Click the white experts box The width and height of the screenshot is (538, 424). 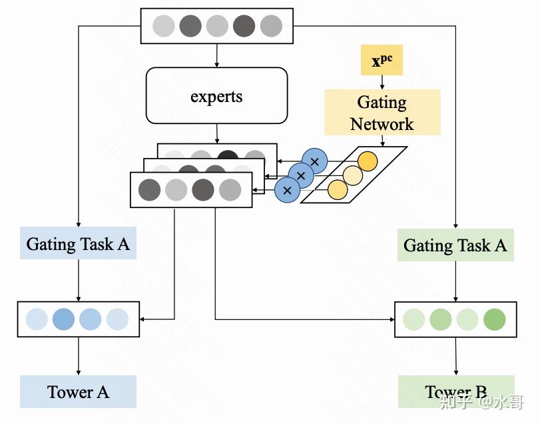tap(216, 96)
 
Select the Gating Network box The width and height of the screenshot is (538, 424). tap(382, 113)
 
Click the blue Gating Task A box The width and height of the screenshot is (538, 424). tap(78, 244)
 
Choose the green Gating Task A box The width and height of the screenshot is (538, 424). tap(455, 246)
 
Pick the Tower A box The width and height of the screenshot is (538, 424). tap(78, 392)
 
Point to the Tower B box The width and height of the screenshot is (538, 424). tap(456, 392)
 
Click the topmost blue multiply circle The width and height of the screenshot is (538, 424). tap(315, 161)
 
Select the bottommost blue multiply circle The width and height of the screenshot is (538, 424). tap(288, 189)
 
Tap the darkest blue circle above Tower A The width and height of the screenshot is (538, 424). tap(63, 319)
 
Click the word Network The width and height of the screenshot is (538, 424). tap(382, 124)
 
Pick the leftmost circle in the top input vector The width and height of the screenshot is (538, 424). tap(164, 26)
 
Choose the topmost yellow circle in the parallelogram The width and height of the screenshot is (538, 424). tap(367, 161)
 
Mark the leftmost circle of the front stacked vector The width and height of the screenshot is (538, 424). tap(149, 190)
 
